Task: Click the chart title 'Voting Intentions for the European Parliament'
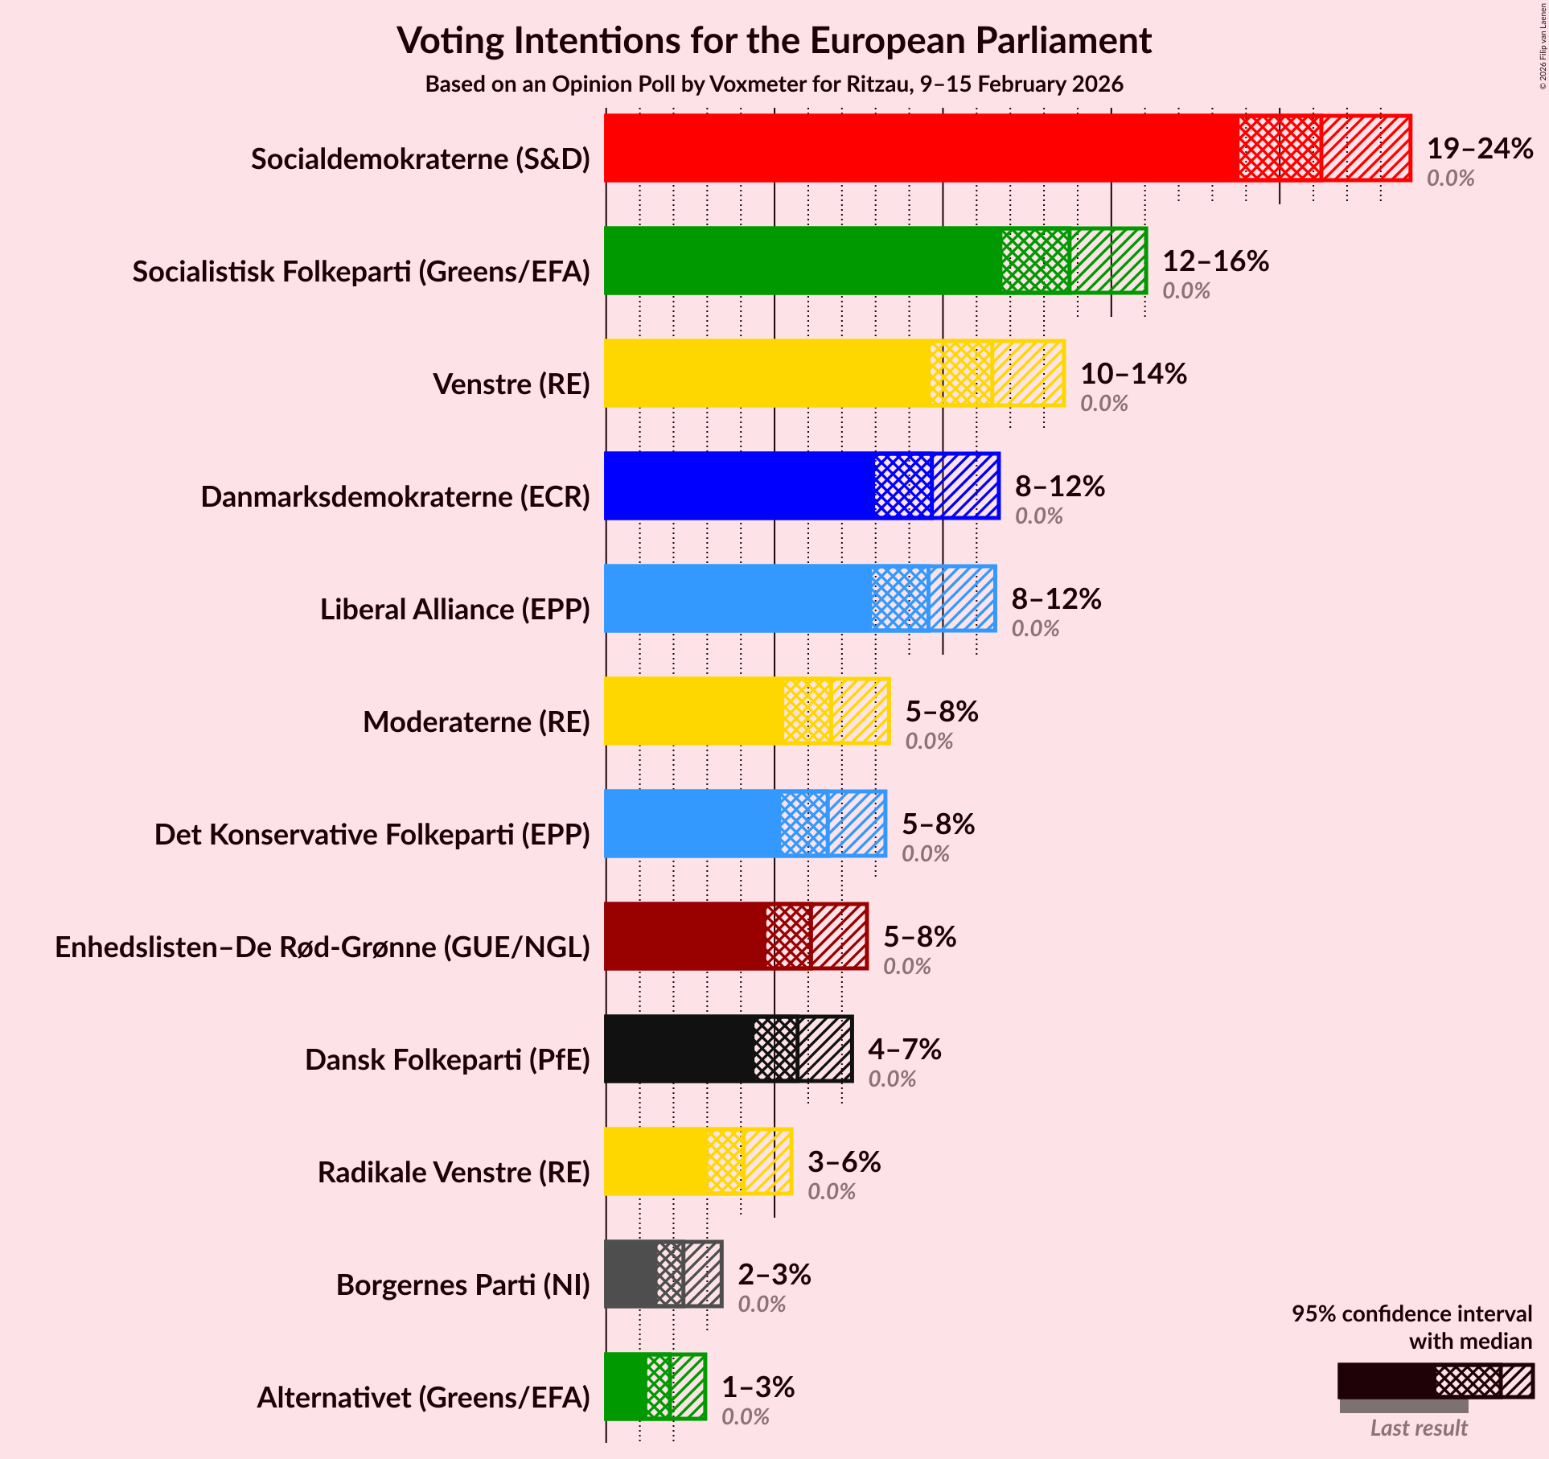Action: point(774,40)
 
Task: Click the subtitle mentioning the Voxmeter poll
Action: point(774,84)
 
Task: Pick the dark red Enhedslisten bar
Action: point(684,936)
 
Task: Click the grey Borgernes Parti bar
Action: point(630,1274)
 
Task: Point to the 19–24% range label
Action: point(1480,148)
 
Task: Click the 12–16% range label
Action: point(1215,261)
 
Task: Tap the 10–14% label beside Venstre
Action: point(1133,373)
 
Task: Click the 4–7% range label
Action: point(904,1049)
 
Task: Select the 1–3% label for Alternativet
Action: point(758,1387)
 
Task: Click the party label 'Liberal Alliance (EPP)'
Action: point(454,610)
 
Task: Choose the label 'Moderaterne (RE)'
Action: point(476,722)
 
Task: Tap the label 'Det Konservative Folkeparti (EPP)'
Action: point(372,835)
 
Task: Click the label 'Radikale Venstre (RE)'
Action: point(454,1173)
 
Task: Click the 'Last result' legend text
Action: point(1419,1428)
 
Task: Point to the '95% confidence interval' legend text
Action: point(1411,1313)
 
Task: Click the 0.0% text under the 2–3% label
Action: point(762,1304)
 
